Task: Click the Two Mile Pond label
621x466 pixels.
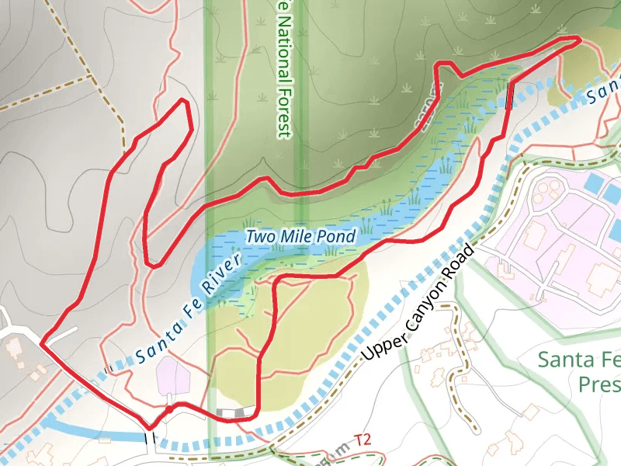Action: point(300,236)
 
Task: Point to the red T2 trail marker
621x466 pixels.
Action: point(363,440)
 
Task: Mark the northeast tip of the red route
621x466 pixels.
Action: point(579,38)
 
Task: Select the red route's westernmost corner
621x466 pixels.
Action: point(41,340)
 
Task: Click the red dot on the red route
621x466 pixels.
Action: point(168,406)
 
